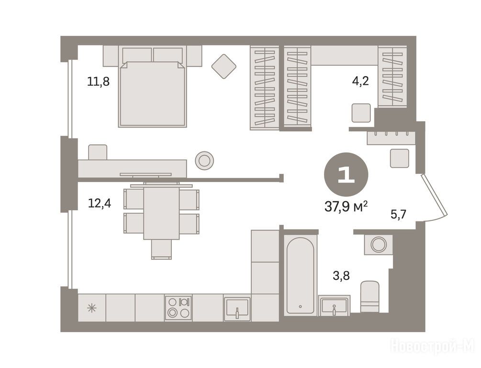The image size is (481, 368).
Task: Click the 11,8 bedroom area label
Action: (98, 82)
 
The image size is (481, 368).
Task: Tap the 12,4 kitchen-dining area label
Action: (100, 203)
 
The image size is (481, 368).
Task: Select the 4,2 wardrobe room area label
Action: (360, 81)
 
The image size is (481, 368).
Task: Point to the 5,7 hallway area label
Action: (398, 214)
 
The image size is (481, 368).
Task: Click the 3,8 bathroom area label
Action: (341, 276)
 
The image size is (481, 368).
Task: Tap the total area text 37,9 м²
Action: (346, 207)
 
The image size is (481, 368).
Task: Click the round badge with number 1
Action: (346, 174)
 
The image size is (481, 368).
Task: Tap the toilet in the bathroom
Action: (369, 297)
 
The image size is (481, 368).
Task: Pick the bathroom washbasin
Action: (334, 305)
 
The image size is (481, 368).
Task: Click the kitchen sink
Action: (237, 309)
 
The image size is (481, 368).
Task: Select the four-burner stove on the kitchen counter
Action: (178, 308)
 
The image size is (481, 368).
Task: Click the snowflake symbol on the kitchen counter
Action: (92, 308)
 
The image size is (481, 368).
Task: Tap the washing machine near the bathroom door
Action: (379, 244)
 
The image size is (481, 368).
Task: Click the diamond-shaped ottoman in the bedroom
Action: (224, 66)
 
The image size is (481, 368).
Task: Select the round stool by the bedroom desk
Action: (204, 161)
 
